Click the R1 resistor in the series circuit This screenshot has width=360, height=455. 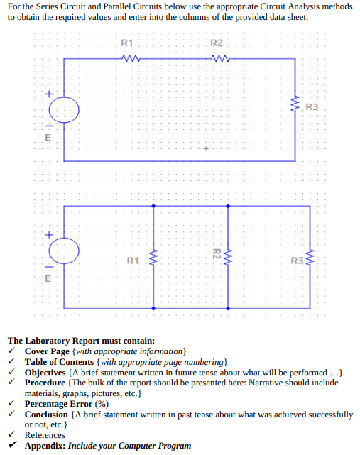[x=130, y=59]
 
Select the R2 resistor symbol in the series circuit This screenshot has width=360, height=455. [x=219, y=59]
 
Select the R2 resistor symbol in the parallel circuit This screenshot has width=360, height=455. [x=227, y=254]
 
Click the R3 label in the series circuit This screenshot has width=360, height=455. [x=312, y=107]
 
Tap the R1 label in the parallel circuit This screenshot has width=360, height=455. [x=132, y=261]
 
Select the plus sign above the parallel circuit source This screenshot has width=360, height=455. [x=49, y=234]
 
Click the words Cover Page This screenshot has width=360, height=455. [x=47, y=351]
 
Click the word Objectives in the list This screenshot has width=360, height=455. [x=49, y=373]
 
